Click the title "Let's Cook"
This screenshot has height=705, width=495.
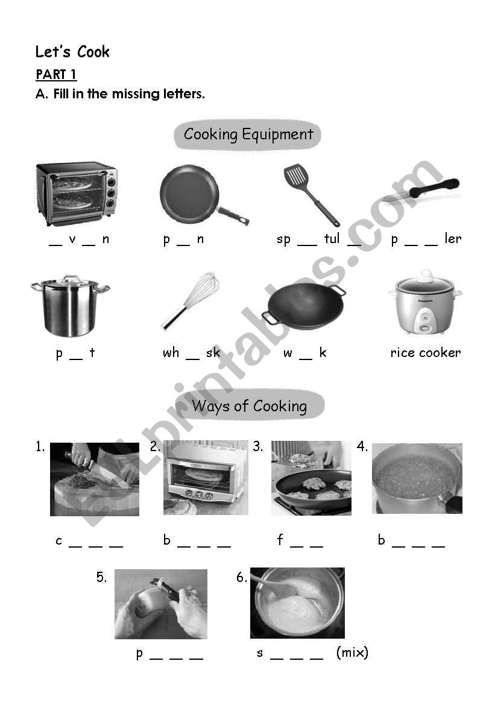click(72, 52)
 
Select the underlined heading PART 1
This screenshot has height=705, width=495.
click(56, 75)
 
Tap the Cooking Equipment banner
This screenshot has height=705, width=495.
click(248, 134)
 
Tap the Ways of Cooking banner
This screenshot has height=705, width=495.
click(249, 406)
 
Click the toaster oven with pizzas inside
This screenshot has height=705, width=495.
click(76, 192)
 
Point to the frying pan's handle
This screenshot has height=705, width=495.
click(233, 215)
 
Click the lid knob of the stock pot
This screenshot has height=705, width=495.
click(71, 278)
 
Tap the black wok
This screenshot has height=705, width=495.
click(305, 305)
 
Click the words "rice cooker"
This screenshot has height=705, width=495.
click(425, 353)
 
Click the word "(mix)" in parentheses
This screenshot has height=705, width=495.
click(352, 653)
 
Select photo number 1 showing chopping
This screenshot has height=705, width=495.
click(94, 479)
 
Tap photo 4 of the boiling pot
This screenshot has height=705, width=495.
click(417, 478)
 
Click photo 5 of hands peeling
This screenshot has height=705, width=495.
click(160, 604)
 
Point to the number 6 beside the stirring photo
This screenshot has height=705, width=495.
click(241, 578)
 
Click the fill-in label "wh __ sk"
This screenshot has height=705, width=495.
click(191, 353)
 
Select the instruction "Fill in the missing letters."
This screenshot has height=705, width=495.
click(129, 94)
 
